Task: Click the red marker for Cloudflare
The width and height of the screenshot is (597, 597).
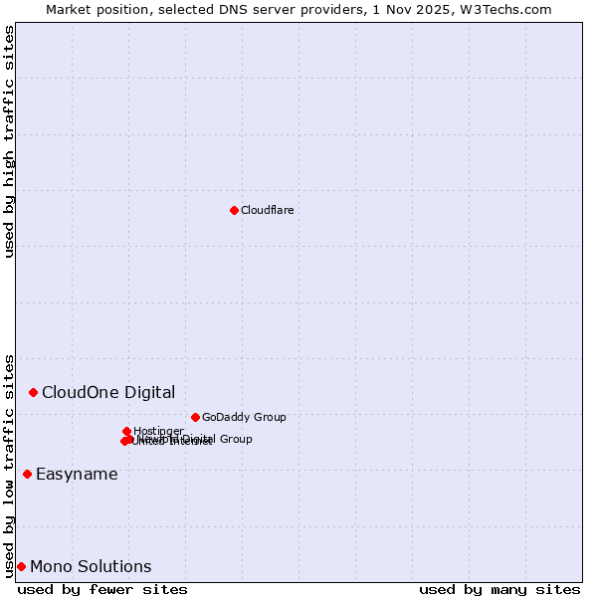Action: coord(234,210)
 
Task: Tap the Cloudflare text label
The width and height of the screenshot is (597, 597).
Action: coord(267,210)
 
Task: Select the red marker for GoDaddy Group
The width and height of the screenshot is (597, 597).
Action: coord(195,417)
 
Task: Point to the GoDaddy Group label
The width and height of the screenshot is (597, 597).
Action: coord(244,417)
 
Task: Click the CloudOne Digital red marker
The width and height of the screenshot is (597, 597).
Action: coord(33,392)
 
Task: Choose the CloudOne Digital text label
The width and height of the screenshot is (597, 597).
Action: coord(108,392)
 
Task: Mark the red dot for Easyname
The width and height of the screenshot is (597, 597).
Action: coord(27,474)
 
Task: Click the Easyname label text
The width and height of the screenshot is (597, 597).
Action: coord(77,474)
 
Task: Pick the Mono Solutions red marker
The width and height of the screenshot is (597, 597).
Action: coord(21,566)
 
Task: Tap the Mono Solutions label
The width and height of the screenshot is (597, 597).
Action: coord(91,566)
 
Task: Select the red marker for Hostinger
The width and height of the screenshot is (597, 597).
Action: coord(126,431)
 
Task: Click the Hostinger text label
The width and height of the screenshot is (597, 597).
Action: coord(158,431)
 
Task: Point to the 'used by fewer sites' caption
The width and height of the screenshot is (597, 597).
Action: coord(102,589)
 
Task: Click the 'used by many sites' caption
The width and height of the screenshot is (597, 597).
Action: coord(499,589)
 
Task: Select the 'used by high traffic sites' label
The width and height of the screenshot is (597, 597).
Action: coord(9,141)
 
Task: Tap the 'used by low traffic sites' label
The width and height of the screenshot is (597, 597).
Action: coord(9,466)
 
